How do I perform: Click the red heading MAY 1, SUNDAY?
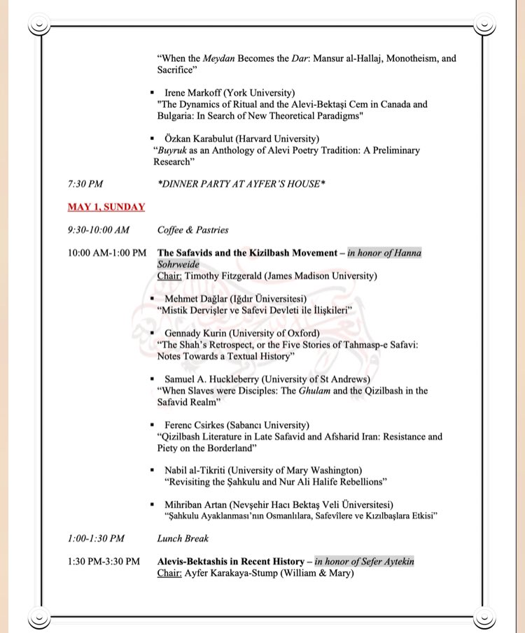(x=106, y=207)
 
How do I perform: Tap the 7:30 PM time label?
(x=85, y=184)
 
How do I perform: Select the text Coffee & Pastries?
(x=192, y=229)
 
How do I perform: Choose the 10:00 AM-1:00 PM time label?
(x=107, y=253)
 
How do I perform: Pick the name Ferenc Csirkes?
(x=197, y=425)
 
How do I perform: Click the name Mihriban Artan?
(x=198, y=504)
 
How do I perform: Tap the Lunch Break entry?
(x=183, y=539)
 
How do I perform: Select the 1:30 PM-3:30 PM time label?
(x=104, y=561)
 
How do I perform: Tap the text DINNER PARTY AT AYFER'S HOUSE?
(x=242, y=184)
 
